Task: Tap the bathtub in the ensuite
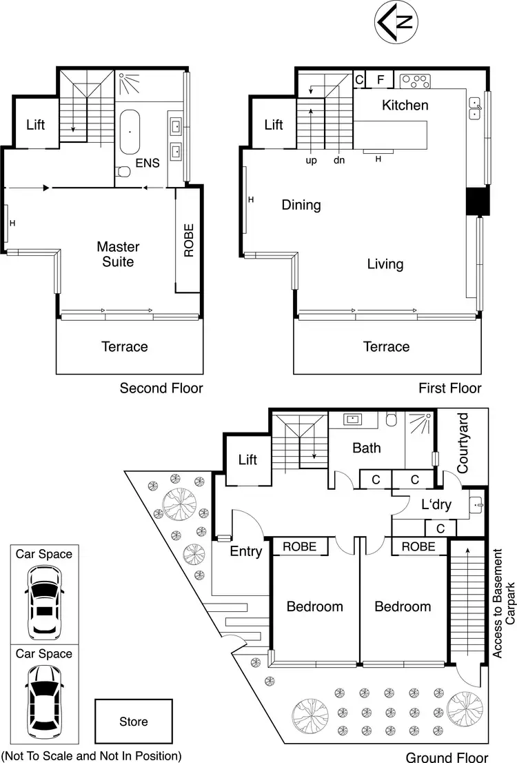[x=130, y=130]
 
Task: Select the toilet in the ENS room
[x=122, y=171]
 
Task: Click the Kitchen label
[x=405, y=105]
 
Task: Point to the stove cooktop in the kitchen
[x=416, y=81]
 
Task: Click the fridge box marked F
[x=380, y=79]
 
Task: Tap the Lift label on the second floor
[x=36, y=125]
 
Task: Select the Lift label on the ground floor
[x=247, y=459]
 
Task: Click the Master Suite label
[x=118, y=254]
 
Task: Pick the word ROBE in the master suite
[x=189, y=240]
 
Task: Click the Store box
[x=134, y=722]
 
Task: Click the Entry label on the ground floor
[x=246, y=551]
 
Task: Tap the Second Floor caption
[x=161, y=388]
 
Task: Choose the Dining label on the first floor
[x=301, y=205]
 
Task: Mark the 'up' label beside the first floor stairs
[x=311, y=160]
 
